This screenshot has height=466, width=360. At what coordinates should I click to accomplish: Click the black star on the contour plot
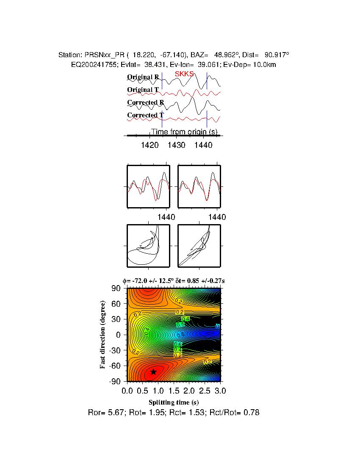coord(153,372)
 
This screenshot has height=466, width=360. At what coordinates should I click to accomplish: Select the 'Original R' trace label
coord(143,77)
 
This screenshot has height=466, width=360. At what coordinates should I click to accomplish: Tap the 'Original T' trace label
coord(143,90)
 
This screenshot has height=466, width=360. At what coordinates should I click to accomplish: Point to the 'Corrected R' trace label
coord(145,103)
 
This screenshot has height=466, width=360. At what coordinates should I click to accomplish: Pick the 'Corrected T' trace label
coord(145,115)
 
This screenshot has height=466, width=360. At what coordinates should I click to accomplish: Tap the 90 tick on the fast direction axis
coord(116,288)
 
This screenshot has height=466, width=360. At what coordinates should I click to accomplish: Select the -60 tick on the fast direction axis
coord(115,365)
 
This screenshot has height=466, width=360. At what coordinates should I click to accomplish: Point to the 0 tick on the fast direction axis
coord(119,335)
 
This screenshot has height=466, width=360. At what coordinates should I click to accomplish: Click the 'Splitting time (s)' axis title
coord(174,402)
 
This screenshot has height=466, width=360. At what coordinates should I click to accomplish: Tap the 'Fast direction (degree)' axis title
coord(102,335)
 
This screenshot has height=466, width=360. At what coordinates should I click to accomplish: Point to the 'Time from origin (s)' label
coord(184,132)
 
